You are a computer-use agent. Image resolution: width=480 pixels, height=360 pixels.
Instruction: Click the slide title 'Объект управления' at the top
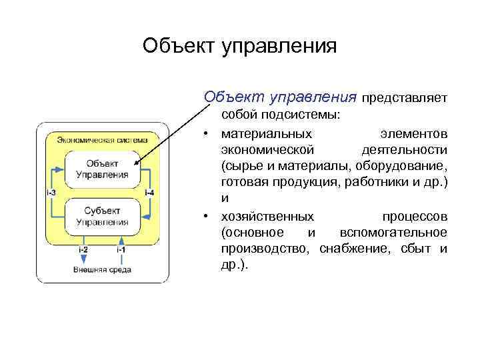coord(240,46)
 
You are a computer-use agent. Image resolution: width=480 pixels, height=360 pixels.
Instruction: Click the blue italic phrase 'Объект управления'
coord(280,97)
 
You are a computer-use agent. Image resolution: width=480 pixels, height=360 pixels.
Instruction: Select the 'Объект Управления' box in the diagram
coord(103,169)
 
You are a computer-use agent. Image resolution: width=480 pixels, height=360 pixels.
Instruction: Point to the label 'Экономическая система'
coord(107,140)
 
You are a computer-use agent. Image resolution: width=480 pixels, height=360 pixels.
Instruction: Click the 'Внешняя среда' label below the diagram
coord(102,269)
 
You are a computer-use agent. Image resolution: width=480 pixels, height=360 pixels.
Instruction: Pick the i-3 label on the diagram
coord(51,193)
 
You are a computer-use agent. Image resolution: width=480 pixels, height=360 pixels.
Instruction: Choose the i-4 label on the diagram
coord(149,193)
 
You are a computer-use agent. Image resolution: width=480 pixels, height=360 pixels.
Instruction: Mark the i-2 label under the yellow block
coord(83,249)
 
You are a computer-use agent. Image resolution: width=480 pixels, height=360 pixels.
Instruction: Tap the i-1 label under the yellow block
coord(121,249)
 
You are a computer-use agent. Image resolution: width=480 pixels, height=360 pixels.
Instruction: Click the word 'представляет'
coord(404,99)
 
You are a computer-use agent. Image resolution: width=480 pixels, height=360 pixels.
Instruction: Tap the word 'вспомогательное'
coord(393,233)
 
